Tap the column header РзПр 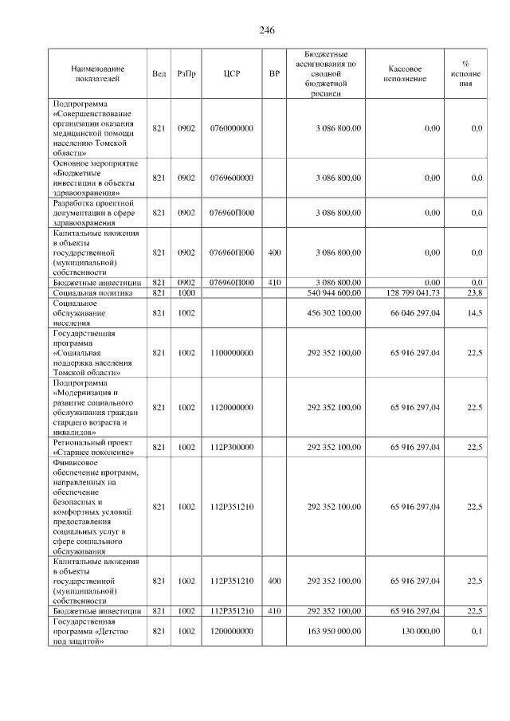point(186,73)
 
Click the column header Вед point(159,73)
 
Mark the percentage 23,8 point(476,293)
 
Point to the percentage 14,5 point(476,314)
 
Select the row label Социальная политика point(86,293)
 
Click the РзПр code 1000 point(186,293)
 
